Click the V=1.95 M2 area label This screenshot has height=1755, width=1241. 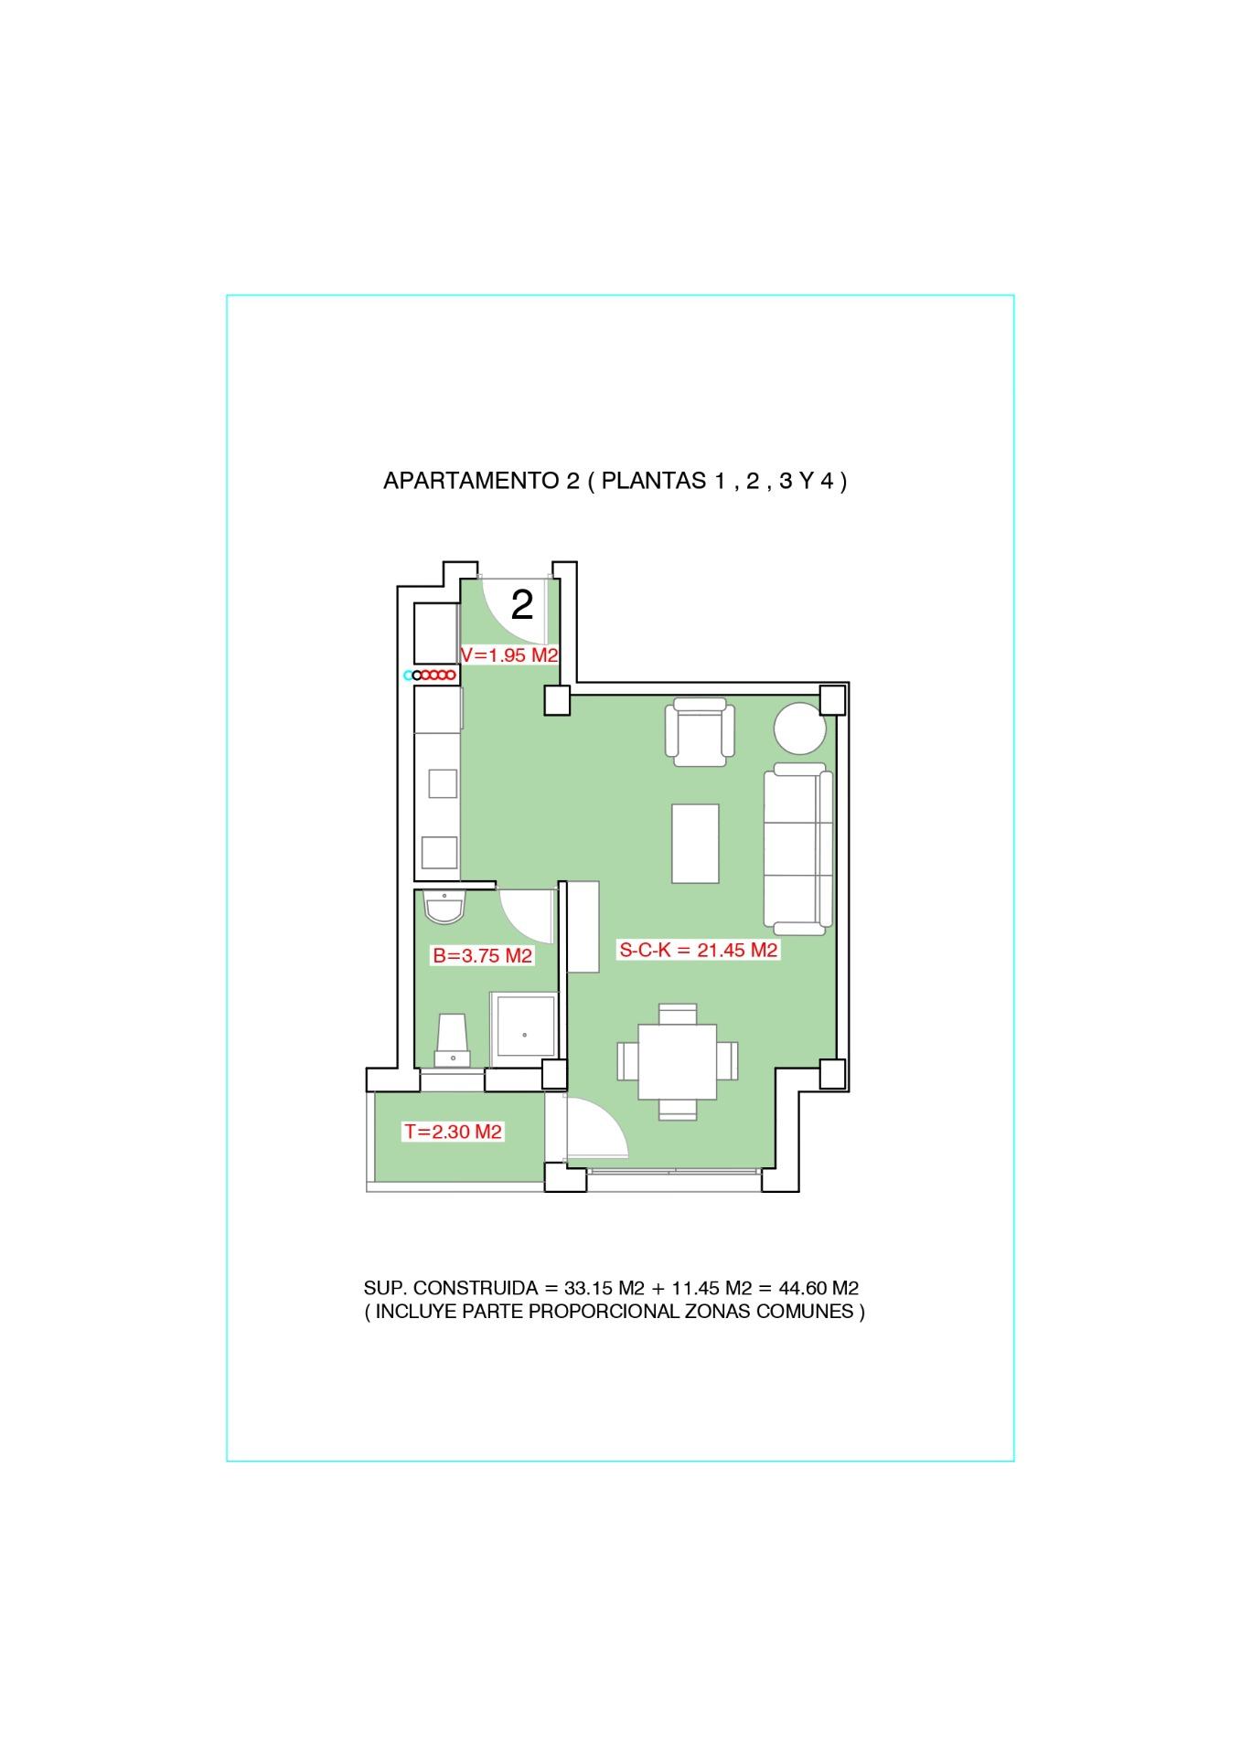coord(509,655)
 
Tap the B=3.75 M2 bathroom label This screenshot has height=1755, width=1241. coord(483,956)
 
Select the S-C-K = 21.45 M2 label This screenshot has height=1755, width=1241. coord(699,950)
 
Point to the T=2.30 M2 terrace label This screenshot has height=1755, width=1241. coord(454,1132)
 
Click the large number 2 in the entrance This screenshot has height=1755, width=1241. coord(522,604)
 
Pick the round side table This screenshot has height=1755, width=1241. coord(800,729)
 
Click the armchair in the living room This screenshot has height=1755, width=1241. coord(701,731)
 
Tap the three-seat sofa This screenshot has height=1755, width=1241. coord(798,848)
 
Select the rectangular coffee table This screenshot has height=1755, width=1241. coord(695,843)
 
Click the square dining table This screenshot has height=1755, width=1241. coord(678,1061)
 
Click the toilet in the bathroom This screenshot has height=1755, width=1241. coord(453,1040)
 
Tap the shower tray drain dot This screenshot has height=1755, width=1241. coord(525,1035)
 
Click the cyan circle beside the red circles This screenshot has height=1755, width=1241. coord(409,675)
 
